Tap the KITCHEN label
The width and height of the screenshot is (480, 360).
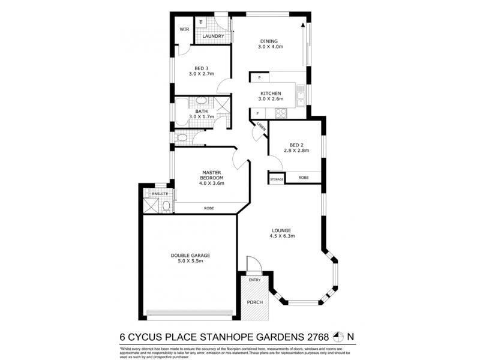point(271,93)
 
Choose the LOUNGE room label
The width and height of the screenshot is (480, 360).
point(281,230)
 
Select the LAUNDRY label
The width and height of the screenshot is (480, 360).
point(214,37)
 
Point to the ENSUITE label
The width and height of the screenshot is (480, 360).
point(160,194)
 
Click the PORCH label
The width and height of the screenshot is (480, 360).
point(255,302)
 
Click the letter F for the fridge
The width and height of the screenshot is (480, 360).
point(257,113)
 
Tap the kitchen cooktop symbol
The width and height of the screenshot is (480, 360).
point(280,113)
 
